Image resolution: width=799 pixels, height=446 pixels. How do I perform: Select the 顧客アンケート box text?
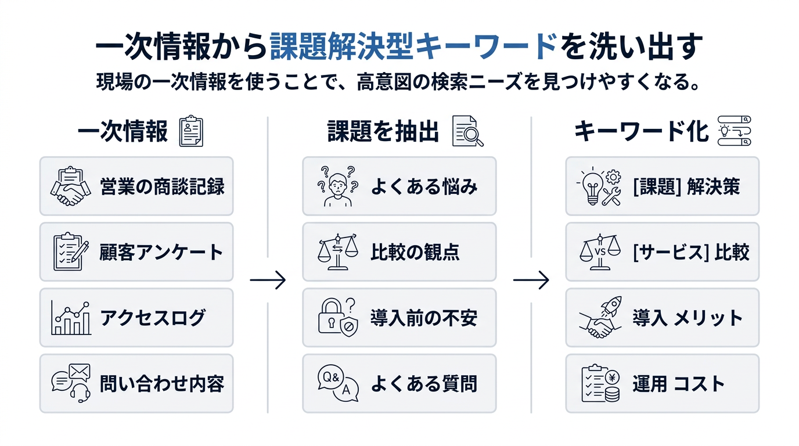pos(161,252)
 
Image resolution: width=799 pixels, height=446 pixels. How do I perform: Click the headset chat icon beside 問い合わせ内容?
pos(71,383)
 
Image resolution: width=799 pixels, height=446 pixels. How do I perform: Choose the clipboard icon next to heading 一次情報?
pos(192,131)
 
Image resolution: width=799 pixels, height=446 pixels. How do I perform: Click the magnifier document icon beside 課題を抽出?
pos(467,131)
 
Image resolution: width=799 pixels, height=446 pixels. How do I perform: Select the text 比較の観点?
pos(415,252)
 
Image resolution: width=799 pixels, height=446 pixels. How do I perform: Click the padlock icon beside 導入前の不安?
pos(336,318)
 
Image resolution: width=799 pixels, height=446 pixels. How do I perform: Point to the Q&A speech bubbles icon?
pos(337,383)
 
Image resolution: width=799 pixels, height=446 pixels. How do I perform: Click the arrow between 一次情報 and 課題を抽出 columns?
pos(268,280)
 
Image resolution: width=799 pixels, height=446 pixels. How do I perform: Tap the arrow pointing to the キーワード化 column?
pos(531,280)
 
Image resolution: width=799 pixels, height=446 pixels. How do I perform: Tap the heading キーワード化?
pos(642,132)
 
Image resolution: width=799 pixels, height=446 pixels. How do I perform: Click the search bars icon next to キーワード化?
pos(735,131)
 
